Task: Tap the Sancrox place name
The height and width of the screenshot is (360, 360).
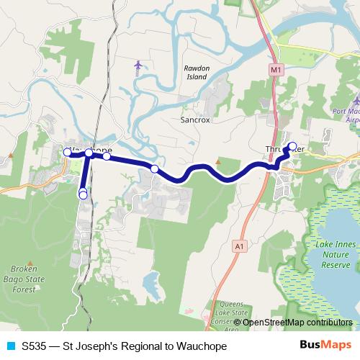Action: pyautogui.click(x=194, y=120)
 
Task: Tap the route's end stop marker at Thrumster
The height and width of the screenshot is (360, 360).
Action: pyautogui.click(x=292, y=146)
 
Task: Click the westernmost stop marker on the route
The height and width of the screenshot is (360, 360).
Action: pyautogui.click(x=67, y=152)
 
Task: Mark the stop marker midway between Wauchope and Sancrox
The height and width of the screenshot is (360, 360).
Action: pyautogui.click(x=154, y=168)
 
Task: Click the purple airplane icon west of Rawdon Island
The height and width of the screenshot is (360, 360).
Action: pyautogui.click(x=138, y=66)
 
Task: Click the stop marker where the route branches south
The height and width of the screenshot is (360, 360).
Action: pyautogui.click(x=89, y=153)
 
